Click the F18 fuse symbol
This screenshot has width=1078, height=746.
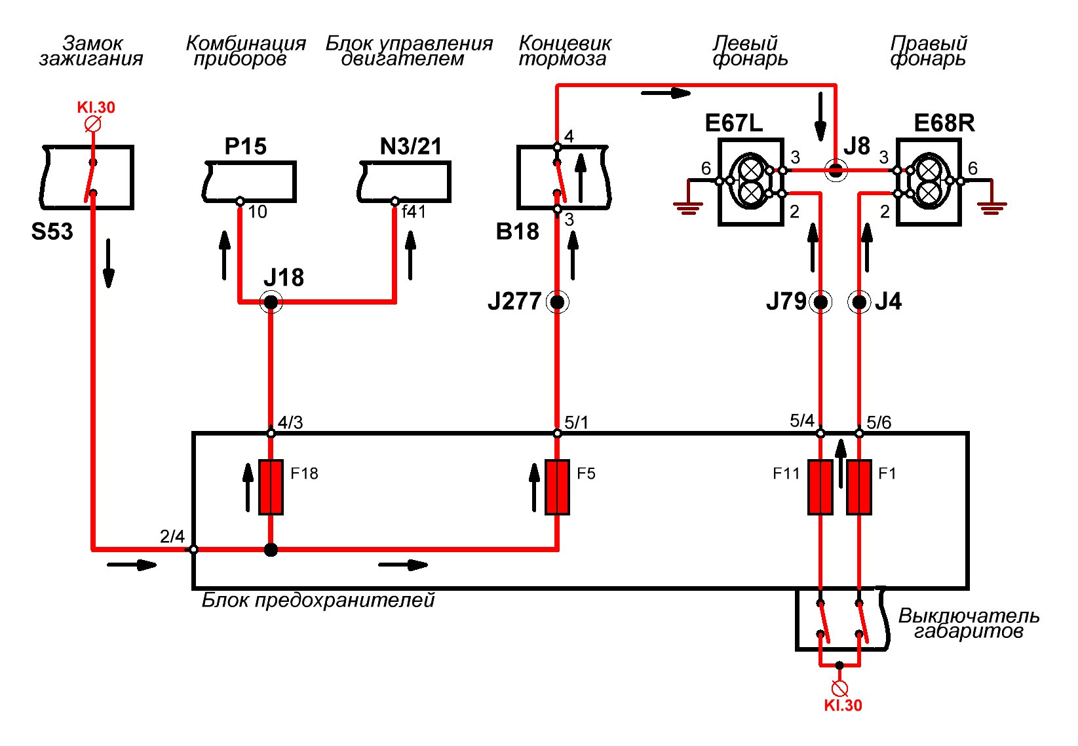(x=271, y=487)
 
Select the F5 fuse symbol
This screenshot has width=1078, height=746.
(x=557, y=487)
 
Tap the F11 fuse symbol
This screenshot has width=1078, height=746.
(x=820, y=487)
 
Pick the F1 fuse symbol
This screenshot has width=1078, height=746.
(x=859, y=487)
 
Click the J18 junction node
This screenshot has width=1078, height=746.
(x=271, y=303)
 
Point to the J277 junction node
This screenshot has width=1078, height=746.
(x=557, y=303)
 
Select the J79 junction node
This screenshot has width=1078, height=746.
(x=820, y=303)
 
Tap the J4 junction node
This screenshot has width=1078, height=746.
(x=859, y=303)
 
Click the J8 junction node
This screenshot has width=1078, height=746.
(x=836, y=170)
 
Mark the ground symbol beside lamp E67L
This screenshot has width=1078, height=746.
(x=688, y=208)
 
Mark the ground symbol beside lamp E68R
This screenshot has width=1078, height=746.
(x=992, y=208)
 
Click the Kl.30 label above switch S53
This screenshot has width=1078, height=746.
(x=96, y=107)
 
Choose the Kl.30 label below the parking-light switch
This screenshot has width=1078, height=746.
(x=843, y=705)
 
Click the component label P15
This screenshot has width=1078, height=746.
(x=246, y=146)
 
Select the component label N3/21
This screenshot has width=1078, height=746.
(x=410, y=146)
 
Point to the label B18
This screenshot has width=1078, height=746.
(x=517, y=231)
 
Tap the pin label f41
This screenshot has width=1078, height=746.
(x=414, y=212)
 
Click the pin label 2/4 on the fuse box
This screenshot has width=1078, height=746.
(x=172, y=536)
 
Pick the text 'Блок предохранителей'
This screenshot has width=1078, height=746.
(x=318, y=600)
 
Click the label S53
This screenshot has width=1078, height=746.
(x=52, y=231)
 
